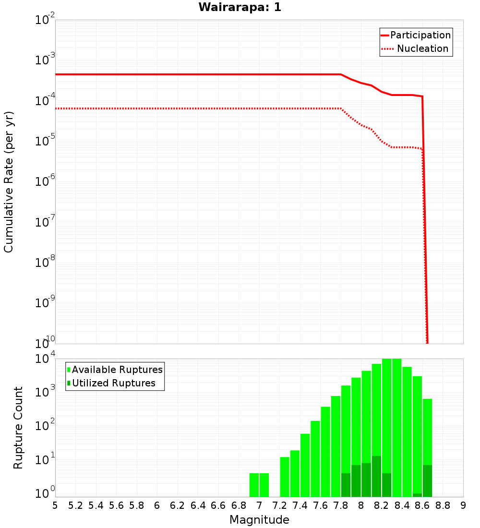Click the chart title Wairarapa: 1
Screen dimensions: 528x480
(x=240, y=8)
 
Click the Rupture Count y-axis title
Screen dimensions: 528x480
(x=18, y=428)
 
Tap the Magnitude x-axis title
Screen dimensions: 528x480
(x=259, y=520)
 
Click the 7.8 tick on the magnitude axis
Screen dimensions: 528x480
(x=341, y=505)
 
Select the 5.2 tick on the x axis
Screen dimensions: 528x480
(x=75, y=505)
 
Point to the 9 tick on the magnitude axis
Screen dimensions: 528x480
(x=463, y=505)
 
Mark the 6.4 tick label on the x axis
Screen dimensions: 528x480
(x=198, y=505)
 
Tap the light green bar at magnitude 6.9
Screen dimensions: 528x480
(x=254, y=485)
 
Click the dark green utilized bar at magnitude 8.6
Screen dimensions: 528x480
(x=417, y=495)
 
